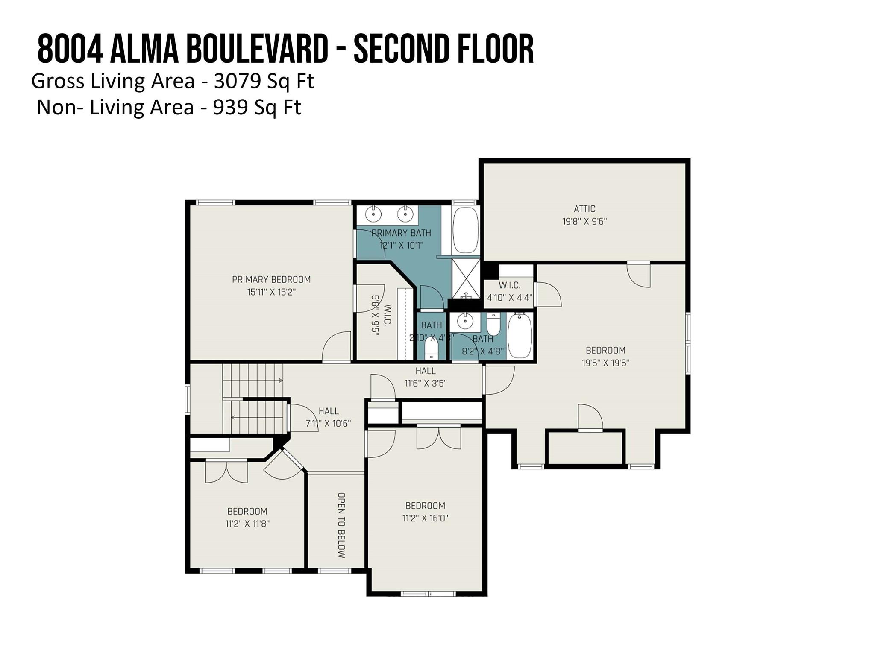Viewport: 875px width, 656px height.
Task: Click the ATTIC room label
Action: pos(584,209)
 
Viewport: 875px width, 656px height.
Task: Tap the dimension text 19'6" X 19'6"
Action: pos(605,363)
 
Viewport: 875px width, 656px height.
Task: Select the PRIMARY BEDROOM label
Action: pos(271,280)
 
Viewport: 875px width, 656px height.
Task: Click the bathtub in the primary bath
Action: pos(465,230)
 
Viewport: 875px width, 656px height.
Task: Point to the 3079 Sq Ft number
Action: pos(264,81)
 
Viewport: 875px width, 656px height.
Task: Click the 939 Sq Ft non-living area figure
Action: pos(256,107)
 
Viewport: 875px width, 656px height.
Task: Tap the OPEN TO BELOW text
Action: pos(341,525)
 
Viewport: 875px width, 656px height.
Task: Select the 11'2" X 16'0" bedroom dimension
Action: pos(425,518)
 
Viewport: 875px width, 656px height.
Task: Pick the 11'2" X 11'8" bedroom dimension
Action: pos(247,524)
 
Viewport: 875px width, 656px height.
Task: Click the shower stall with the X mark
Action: pos(466,278)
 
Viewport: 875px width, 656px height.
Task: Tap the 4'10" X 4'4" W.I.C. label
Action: pos(509,297)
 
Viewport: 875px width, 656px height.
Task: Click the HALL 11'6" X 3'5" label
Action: pos(426,377)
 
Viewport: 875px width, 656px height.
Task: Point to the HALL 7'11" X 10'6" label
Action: pos(328,417)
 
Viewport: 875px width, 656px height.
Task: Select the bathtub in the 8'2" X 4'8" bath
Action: pos(520,336)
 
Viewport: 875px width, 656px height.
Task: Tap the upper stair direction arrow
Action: pos(280,380)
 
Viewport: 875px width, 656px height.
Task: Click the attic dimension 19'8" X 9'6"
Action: pos(584,222)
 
